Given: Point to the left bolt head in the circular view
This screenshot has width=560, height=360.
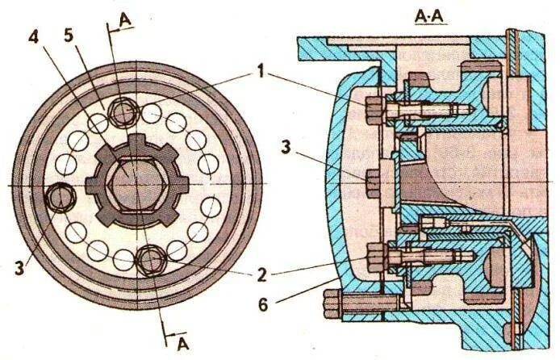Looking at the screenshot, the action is (x=60, y=197).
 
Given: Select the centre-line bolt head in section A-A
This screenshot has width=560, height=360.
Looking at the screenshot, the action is (x=373, y=182).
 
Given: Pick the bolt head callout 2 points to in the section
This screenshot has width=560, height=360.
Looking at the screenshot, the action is (x=374, y=259).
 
